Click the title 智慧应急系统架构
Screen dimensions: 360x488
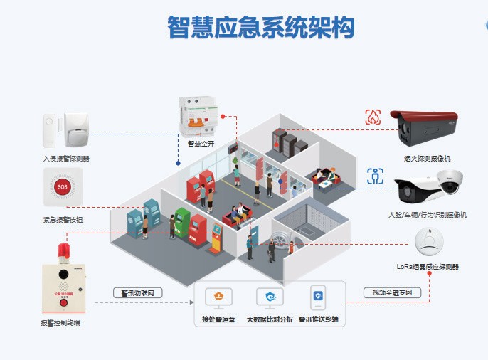coord(261,28)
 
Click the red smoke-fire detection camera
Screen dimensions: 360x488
coord(428,129)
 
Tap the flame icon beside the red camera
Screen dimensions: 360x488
coord(374,117)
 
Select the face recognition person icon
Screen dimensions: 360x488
coord(375,176)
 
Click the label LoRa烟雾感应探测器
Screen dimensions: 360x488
coord(428,267)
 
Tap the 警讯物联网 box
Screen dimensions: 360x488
coord(138,292)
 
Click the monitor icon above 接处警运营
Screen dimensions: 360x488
coord(218,298)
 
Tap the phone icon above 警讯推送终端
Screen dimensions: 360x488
coord(317,297)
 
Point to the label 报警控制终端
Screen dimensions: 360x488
coord(60,324)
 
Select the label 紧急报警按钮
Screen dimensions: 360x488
coord(63,220)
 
